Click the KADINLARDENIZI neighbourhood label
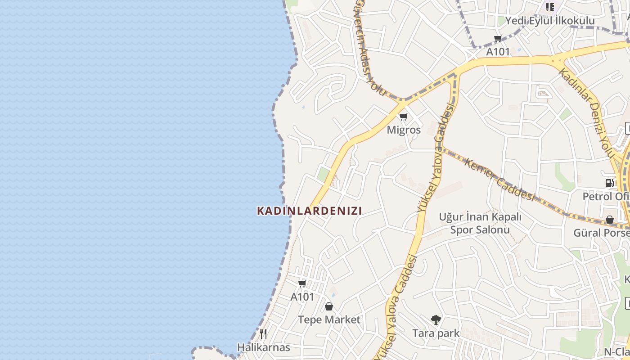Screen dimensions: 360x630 (x=309, y=211)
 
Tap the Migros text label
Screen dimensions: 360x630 (x=404, y=130)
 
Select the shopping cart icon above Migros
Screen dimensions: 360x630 (x=403, y=117)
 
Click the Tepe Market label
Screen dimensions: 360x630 (x=329, y=320)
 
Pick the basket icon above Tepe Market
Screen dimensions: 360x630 (x=329, y=306)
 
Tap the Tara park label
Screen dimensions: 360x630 (x=436, y=333)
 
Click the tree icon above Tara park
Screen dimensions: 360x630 (x=436, y=320)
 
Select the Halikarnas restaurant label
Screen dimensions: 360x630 (x=263, y=348)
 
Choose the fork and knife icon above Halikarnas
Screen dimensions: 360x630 (x=263, y=334)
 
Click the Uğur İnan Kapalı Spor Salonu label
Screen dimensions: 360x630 (x=480, y=223)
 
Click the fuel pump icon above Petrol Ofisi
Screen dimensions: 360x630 (x=610, y=183)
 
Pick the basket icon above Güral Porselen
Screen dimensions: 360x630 (x=610, y=220)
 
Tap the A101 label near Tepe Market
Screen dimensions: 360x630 (x=302, y=297)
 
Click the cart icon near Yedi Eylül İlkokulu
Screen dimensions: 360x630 (x=498, y=39)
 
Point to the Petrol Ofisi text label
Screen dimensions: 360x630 (x=606, y=197)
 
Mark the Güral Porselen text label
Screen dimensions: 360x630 (x=601, y=233)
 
